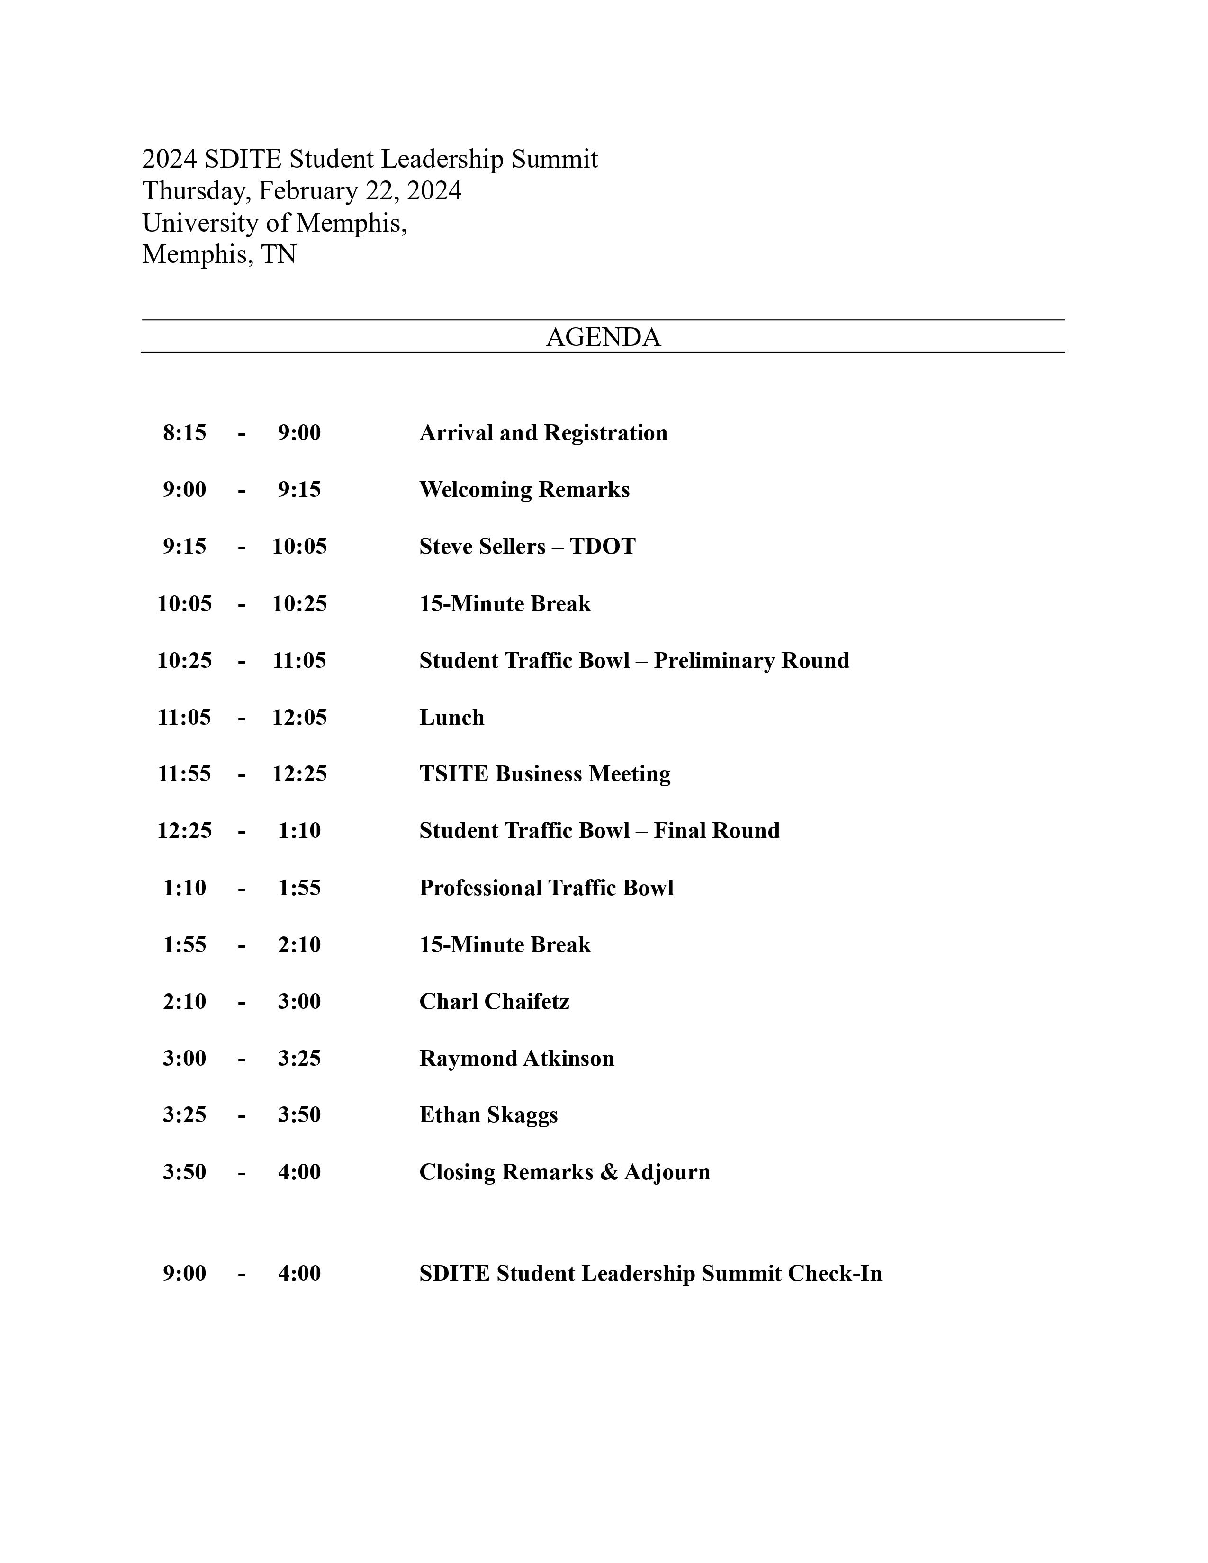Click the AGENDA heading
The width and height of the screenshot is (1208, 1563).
click(x=603, y=337)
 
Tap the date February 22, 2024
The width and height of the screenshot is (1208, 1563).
click(x=360, y=191)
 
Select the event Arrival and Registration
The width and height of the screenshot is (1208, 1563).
click(x=543, y=433)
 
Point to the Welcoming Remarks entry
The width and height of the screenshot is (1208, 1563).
click(x=524, y=490)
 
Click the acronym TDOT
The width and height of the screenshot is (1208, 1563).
click(x=603, y=547)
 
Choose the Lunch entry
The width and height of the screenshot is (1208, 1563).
click(x=451, y=718)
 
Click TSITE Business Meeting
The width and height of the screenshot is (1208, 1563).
click(x=545, y=774)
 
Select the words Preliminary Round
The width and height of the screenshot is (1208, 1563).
click(x=751, y=661)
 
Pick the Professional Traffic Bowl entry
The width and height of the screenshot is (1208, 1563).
click(x=546, y=888)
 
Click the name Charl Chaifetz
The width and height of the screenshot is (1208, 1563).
click(x=494, y=1002)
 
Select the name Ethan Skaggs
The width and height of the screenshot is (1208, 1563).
click(x=488, y=1115)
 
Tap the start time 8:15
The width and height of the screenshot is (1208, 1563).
click(x=185, y=433)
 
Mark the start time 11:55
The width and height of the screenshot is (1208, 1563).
click(x=185, y=774)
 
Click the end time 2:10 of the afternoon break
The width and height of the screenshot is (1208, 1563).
click(x=299, y=945)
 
